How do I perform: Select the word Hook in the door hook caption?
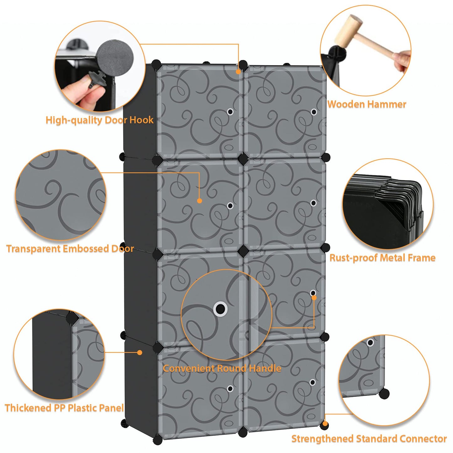point(141,120)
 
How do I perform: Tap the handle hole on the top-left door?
point(230,112)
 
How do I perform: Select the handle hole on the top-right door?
point(313,112)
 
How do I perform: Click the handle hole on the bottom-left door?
point(230,389)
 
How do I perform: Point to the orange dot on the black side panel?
point(140,352)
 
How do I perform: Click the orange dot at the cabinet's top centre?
point(238,71)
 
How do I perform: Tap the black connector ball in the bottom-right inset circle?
point(384,393)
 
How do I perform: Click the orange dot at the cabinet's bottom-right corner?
point(325,424)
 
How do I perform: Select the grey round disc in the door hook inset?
point(115,58)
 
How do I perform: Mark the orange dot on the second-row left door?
point(200,201)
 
